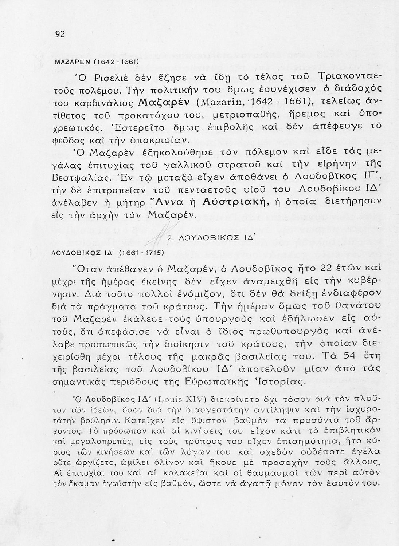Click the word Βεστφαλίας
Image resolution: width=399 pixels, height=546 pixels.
(x=81, y=178)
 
